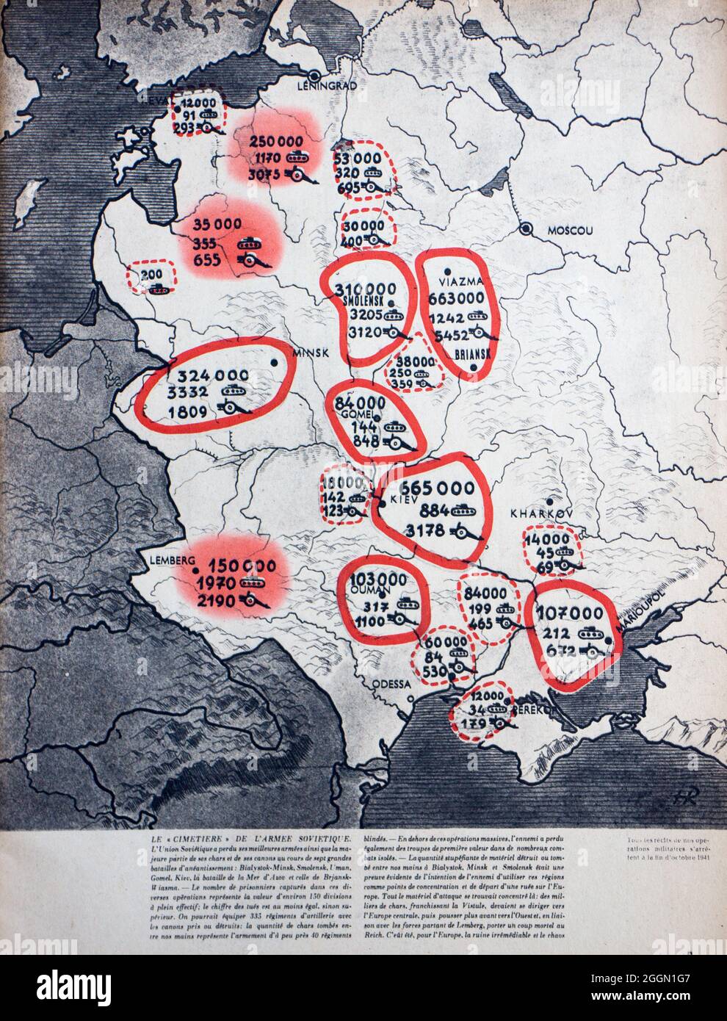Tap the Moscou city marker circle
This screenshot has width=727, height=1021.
tap(526, 229)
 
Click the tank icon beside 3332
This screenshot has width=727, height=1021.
tap(236, 389)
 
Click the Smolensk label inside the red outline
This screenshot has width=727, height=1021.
tap(365, 301)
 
